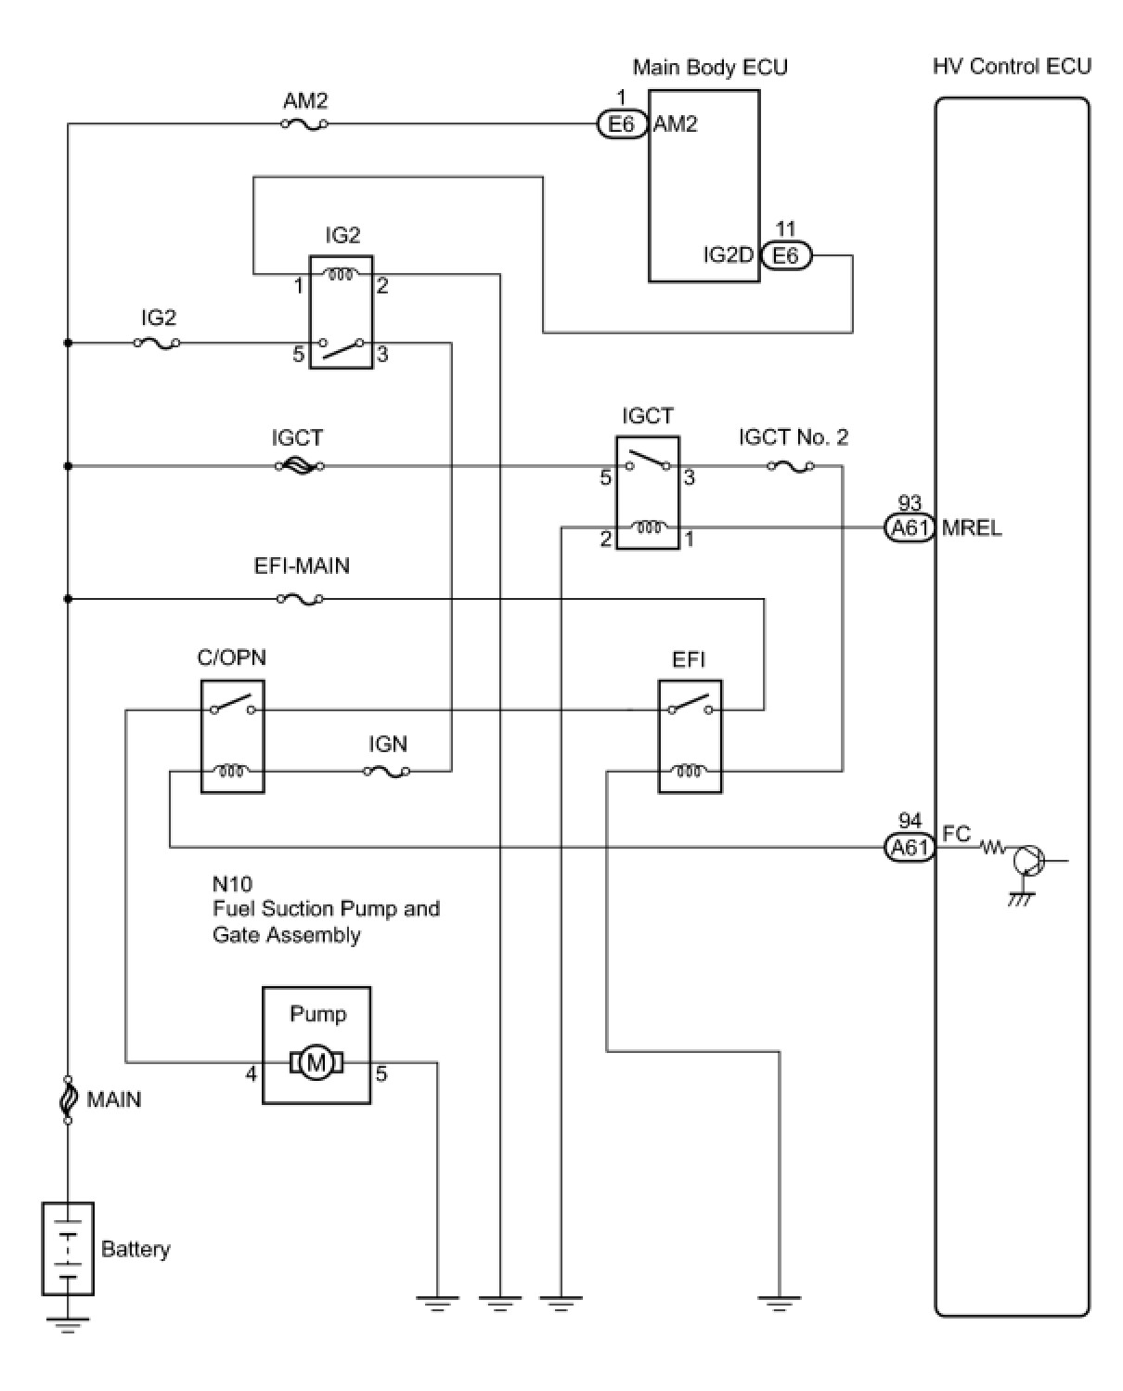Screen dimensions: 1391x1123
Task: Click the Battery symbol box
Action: (x=68, y=1248)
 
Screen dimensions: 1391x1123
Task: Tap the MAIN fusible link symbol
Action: (x=68, y=1099)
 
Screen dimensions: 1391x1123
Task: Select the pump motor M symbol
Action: (x=316, y=1061)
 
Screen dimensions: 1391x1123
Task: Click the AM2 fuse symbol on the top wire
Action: (x=304, y=123)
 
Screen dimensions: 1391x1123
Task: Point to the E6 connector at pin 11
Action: (x=786, y=255)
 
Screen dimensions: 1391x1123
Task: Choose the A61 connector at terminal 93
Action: (x=909, y=528)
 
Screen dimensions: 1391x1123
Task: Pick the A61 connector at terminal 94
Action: (x=909, y=847)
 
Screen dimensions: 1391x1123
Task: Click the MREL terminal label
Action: (x=972, y=528)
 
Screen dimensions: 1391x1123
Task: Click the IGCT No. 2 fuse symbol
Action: (x=791, y=466)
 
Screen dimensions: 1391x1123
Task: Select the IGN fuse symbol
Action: (x=387, y=771)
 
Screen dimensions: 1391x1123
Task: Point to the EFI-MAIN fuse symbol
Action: (x=300, y=600)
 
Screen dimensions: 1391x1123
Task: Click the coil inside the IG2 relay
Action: (x=341, y=274)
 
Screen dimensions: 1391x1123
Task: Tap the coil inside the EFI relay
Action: (x=690, y=771)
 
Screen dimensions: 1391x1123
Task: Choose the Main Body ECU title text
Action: (x=710, y=67)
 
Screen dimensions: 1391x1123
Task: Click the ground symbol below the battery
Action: (x=68, y=1324)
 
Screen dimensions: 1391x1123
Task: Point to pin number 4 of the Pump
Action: (x=251, y=1074)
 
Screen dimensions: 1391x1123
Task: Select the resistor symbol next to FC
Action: (x=994, y=847)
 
